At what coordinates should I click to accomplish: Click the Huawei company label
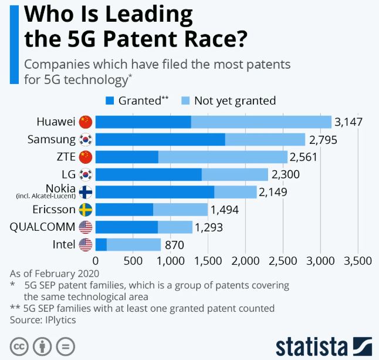click(56, 122)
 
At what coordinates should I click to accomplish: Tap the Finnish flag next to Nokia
click(86, 192)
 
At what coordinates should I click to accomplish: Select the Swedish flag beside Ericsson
click(86, 210)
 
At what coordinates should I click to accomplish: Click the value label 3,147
click(348, 122)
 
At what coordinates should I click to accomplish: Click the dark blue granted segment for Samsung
click(160, 140)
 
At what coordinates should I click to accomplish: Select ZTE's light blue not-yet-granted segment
click(223, 157)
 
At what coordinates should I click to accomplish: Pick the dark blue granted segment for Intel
click(101, 244)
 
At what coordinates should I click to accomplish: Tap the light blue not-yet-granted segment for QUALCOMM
click(175, 227)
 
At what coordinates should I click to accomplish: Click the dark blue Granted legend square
click(110, 100)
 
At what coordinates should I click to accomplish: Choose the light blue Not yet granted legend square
click(185, 100)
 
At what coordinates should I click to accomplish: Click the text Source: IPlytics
click(43, 320)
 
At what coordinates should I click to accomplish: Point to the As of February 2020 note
click(55, 273)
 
